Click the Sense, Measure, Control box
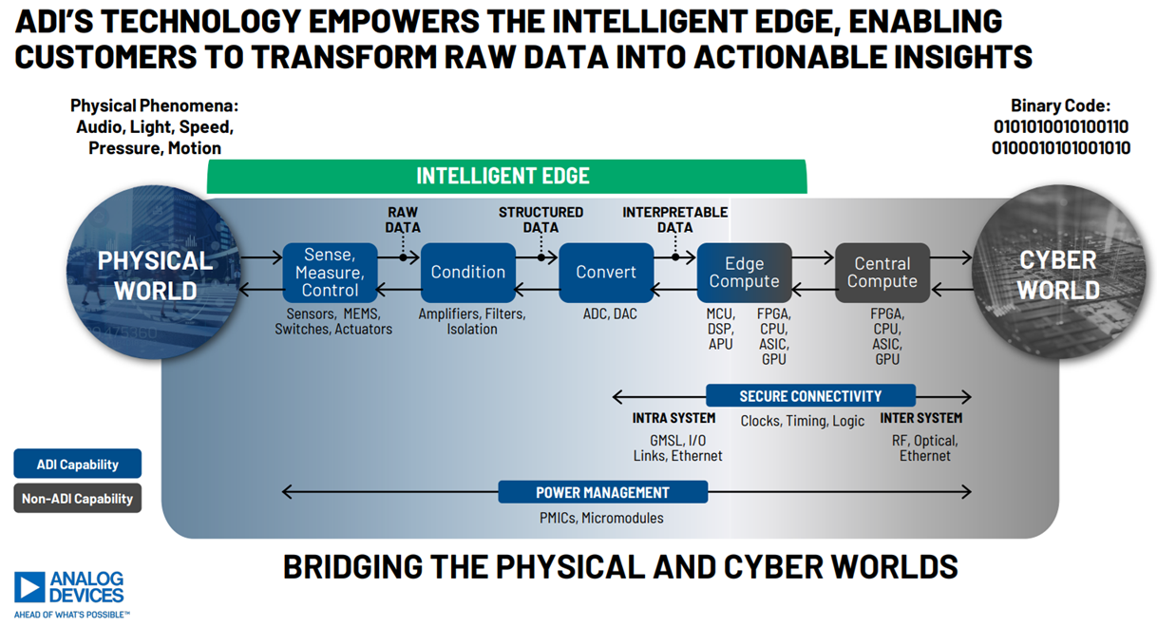tap(330, 273)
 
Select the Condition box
tap(468, 273)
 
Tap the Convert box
tap(606, 273)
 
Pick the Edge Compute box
tap(745, 273)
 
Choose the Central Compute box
tap(882, 273)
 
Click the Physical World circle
tap(154, 273)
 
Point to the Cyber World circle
tap(1059, 273)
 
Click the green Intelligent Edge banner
tap(506, 177)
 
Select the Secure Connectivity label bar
tap(810, 396)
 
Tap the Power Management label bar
tap(603, 492)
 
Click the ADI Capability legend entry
tap(78, 464)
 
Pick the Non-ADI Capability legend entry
tap(78, 499)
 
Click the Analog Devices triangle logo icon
tap(29, 587)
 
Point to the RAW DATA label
tap(403, 220)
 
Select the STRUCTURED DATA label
tap(541, 220)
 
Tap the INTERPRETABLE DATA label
tap(675, 220)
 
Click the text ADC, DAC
tap(610, 314)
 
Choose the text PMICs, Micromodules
tap(601, 518)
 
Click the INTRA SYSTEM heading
tap(674, 418)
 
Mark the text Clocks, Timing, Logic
tap(802, 421)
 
